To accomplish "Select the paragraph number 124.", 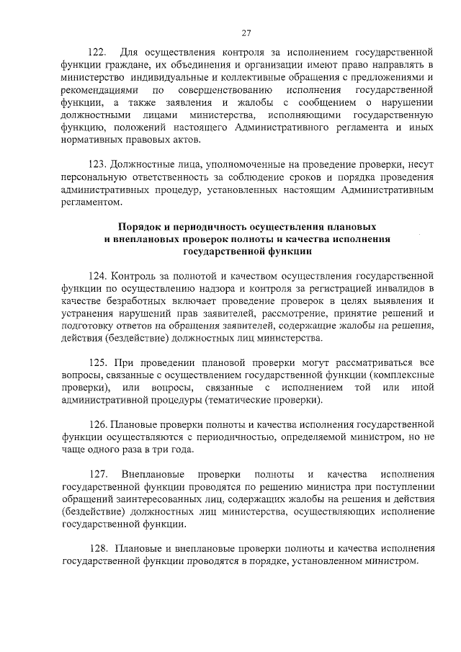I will (x=97, y=275).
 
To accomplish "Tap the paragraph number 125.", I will (x=97, y=362).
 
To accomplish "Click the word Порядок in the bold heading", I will (x=143, y=227).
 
